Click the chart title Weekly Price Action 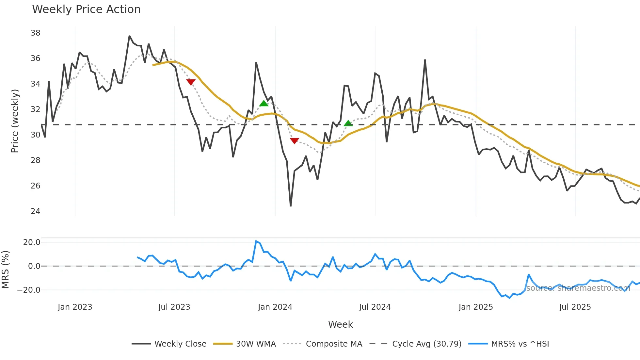86,9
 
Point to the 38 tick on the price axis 35,33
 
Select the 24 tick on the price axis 35,211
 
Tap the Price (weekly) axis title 15,121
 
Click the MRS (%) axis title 6,270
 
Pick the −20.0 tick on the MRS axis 29,290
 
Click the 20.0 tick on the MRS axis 32,242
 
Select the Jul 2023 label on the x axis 174,307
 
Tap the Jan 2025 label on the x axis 475,307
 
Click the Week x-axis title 340,324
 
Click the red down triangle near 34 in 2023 191,82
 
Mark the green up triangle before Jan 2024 264,104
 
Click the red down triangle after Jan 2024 294,141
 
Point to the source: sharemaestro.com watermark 578,288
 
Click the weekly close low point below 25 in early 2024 291,206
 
